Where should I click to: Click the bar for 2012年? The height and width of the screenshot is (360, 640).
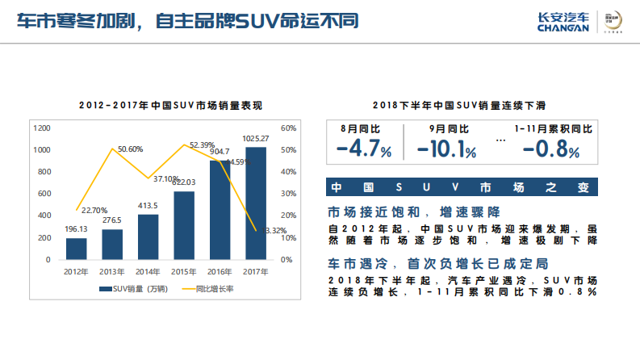[x=77, y=249]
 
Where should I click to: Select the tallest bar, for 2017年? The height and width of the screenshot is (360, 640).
[x=256, y=203]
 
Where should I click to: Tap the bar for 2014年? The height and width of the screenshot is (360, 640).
[x=148, y=237]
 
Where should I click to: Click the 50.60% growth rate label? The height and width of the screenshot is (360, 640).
[x=130, y=149]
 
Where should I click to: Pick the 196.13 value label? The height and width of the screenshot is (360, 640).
[x=77, y=229]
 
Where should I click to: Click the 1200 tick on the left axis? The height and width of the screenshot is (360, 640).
[x=42, y=128]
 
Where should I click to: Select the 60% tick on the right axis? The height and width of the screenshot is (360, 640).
[x=287, y=128]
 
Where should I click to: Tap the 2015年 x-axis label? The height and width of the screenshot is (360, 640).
[x=184, y=271]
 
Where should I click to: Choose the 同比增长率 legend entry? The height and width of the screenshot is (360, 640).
[x=211, y=288]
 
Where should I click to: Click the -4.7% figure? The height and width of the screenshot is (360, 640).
[x=364, y=149]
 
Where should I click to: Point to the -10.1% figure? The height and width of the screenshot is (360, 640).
[x=446, y=149]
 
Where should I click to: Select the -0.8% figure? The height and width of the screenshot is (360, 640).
[x=550, y=149]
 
